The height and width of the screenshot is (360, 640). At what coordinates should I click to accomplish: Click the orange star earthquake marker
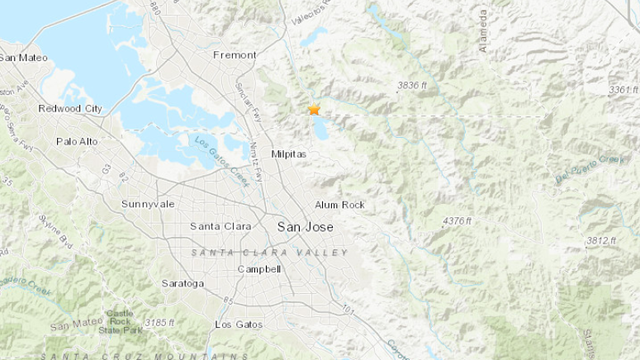click(x=314, y=110)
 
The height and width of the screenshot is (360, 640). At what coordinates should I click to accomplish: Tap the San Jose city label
click(x=304, y=227)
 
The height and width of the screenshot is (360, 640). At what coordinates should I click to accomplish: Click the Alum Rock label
click(x=340, y=205)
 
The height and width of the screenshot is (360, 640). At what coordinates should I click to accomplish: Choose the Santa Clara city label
click(x=221, y=227)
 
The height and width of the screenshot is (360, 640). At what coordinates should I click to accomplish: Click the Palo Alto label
click(x=77, y=142)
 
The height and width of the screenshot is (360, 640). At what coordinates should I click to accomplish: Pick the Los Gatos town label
click(x=238, y=325)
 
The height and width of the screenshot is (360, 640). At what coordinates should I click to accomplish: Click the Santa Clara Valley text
click(x=270, y=252)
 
